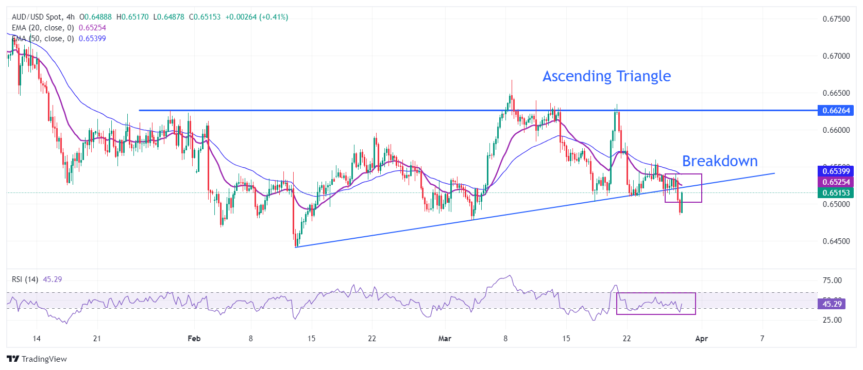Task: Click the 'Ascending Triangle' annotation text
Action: (606, 76)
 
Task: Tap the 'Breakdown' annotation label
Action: (720, 161)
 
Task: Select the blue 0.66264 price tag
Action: (836, 110)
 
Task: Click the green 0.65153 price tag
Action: (836, 193)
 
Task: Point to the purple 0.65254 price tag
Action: (836, 182)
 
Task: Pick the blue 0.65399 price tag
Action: (836, 171)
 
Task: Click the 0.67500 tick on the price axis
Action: (836, 19)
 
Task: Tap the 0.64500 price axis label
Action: (836, 241)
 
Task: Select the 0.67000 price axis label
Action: (836, 56)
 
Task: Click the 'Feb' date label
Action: (194, 339)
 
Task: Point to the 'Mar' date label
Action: (444, 339)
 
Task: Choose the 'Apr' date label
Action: (701, 339)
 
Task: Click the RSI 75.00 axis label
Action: (832, 280)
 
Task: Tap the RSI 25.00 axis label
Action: (832, 320)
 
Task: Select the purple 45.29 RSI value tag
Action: (832, 304)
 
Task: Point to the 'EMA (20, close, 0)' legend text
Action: (43, 28)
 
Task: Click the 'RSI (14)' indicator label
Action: (25, 279)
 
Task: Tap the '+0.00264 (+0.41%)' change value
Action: (257, 17)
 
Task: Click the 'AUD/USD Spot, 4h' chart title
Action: (43, 17)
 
